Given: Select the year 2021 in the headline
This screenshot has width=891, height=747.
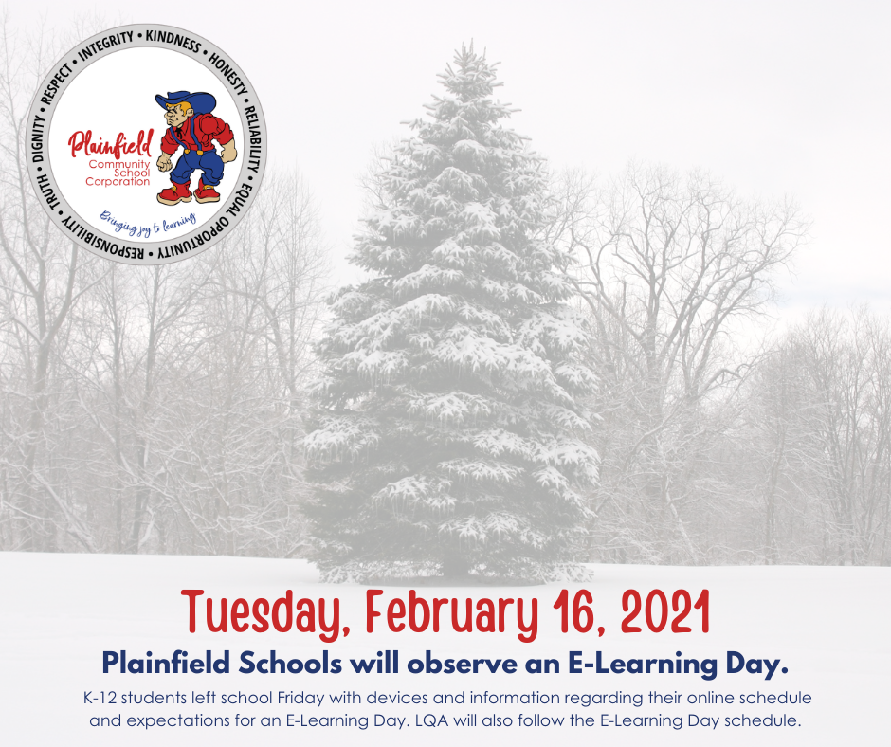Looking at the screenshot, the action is [x=665, y=611].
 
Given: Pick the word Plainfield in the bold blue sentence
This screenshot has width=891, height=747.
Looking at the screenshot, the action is [x=166, y=663].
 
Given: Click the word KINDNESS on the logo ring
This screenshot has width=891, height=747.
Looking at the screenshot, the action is [x=173, y=41].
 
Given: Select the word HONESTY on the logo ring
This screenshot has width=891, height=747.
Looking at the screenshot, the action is [x=227, y=74].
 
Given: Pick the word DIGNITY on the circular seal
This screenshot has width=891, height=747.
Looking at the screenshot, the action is [x=39, y=138].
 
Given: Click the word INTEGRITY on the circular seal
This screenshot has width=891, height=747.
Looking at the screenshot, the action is [x=106, y=46].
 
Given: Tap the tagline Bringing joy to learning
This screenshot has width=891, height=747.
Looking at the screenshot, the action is [x=148, y=222].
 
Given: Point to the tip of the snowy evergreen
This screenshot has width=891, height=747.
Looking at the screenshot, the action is [x=470, y=41].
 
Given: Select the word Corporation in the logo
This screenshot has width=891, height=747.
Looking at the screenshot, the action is [x=118, y=182].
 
